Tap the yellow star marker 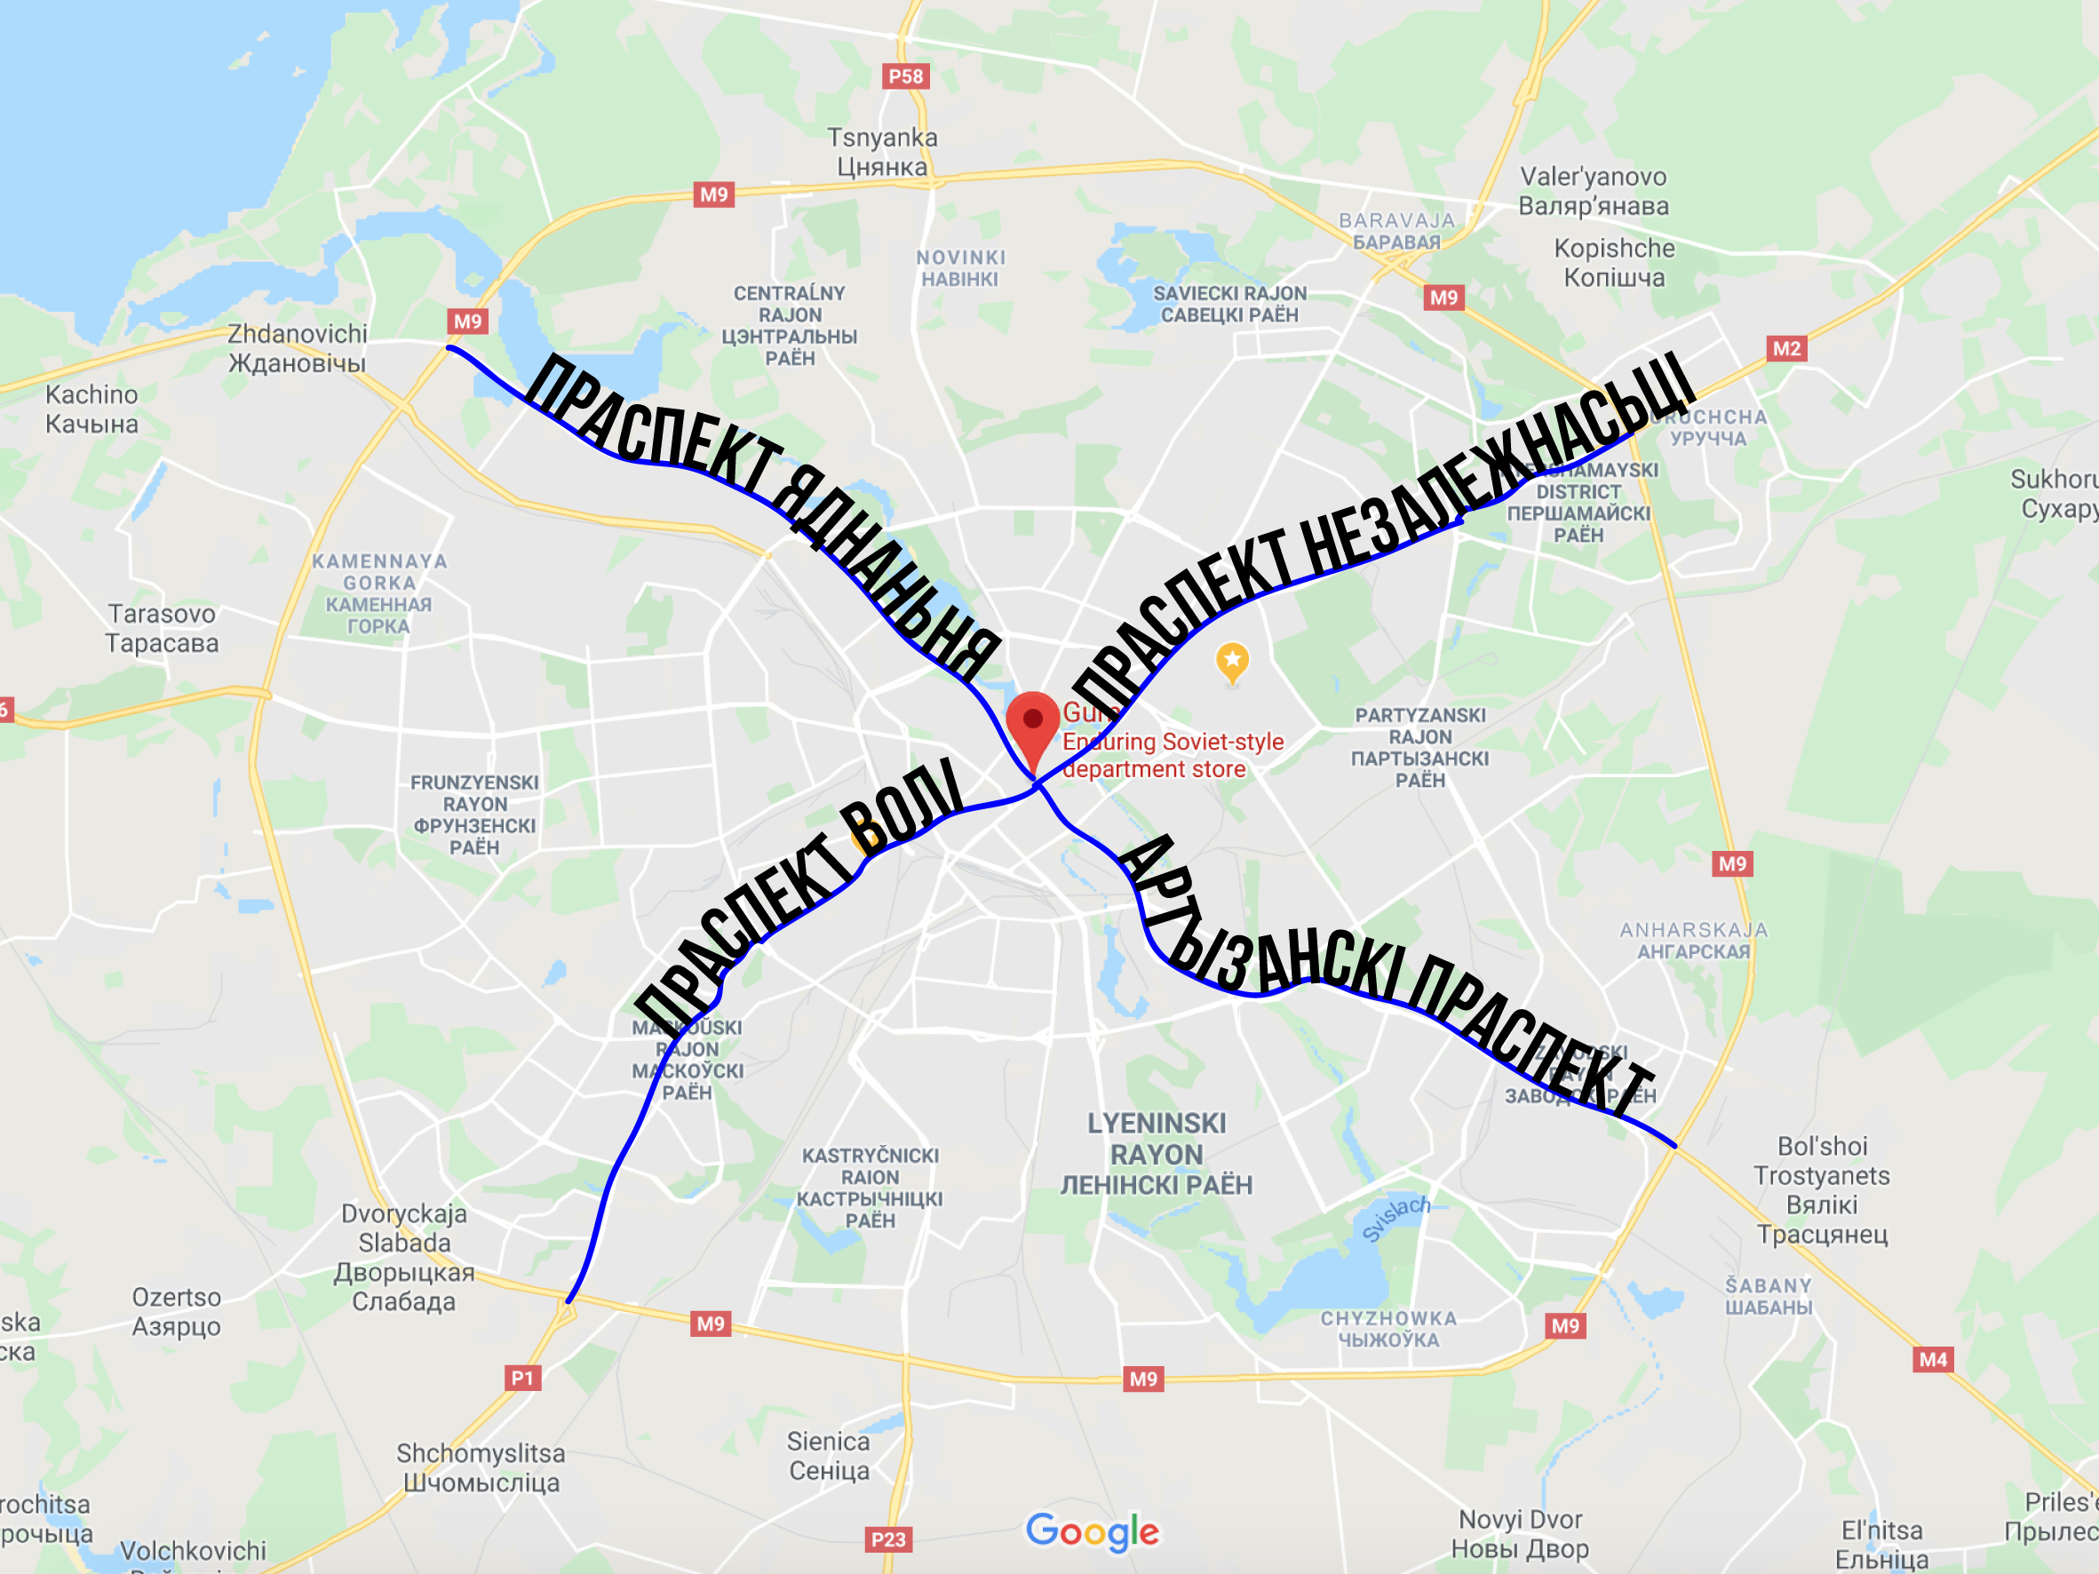point(1232,660)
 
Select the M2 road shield point(1785,348)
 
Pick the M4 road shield point(1933,1359)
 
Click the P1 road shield point(522,1378)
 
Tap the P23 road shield point(888,1538)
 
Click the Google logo point(1093,1530)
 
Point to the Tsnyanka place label point(881,152)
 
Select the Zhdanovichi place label point(297,348)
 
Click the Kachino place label point(92,409)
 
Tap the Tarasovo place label point(162,628)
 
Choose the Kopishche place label point(1614,263)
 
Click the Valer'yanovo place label point(1594,191)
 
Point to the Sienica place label point(829,1455)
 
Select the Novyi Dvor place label point(1519,1534)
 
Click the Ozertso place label point(177,1311)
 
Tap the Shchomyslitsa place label point(481,1467)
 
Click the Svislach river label point(1395,1220)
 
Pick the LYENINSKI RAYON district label point(1157,1154)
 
